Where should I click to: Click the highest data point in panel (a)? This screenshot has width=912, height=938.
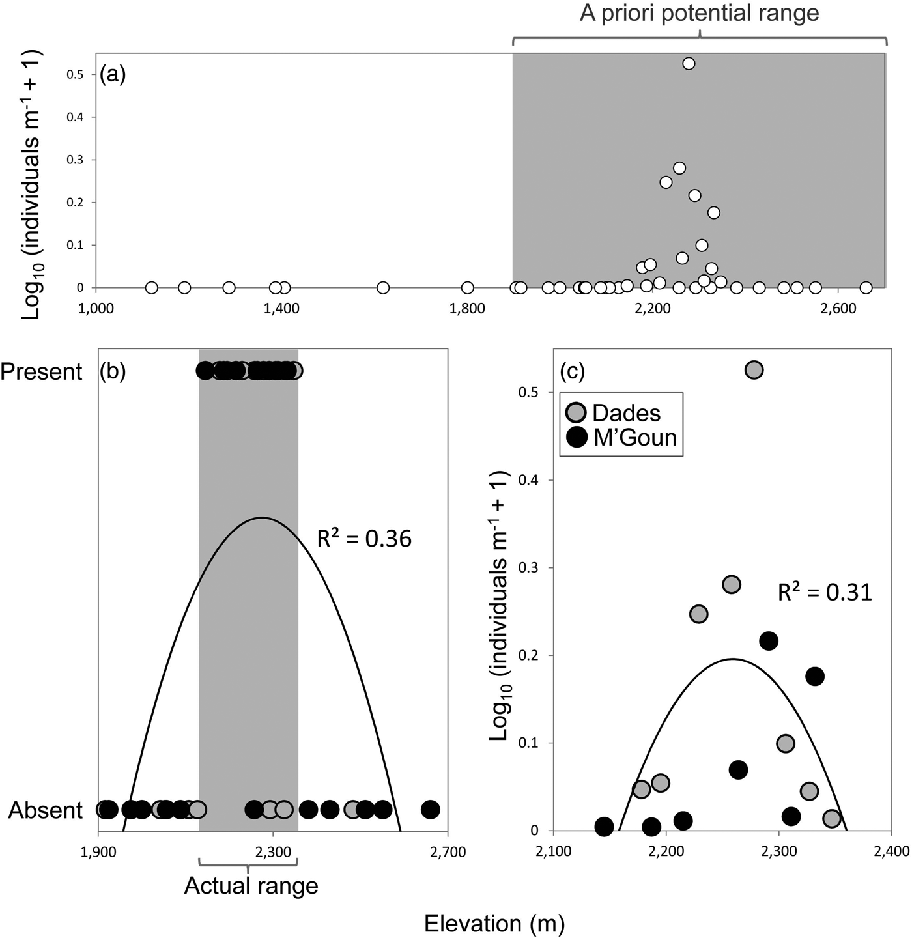689,63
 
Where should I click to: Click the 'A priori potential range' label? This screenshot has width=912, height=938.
699,14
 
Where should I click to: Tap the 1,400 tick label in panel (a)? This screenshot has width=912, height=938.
282,308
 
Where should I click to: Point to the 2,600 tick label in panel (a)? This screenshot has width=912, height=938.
838,308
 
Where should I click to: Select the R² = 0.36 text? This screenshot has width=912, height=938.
363,539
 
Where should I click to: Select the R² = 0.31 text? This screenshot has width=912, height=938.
825,592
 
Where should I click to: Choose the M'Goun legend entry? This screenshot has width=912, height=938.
634,437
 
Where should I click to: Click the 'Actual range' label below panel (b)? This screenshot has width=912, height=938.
251,885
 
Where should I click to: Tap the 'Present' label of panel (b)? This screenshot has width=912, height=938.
42,372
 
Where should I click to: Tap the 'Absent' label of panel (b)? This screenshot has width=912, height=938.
46,810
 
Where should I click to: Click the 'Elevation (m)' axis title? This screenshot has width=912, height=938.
494,923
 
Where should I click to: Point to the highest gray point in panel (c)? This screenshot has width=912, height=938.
754,370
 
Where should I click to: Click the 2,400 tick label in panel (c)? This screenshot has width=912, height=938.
891,851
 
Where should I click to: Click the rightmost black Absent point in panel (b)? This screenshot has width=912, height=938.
430,810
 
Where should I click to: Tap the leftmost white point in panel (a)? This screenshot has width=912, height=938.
151,287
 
